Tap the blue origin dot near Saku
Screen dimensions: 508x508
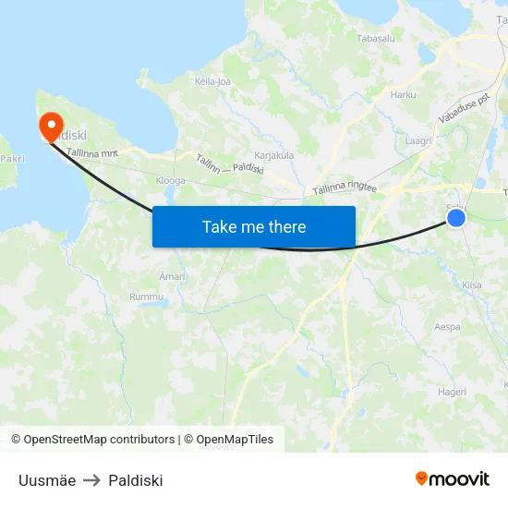456,217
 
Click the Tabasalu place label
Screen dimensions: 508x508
376,39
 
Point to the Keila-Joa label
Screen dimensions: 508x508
212,81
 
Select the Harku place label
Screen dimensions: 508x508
404,94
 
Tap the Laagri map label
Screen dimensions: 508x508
419,141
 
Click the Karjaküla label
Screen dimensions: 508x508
273,155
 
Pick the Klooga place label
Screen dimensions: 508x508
171,181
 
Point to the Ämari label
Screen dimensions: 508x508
173,276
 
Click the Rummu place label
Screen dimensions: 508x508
146,296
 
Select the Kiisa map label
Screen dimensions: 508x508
472,285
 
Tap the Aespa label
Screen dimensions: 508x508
447,327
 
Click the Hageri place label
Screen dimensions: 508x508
452,392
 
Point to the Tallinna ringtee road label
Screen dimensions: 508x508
345,187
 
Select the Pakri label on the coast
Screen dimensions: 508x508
12,159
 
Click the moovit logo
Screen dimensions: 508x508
453,478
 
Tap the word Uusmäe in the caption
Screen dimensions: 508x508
47,480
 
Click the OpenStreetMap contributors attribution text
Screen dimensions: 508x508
100,440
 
